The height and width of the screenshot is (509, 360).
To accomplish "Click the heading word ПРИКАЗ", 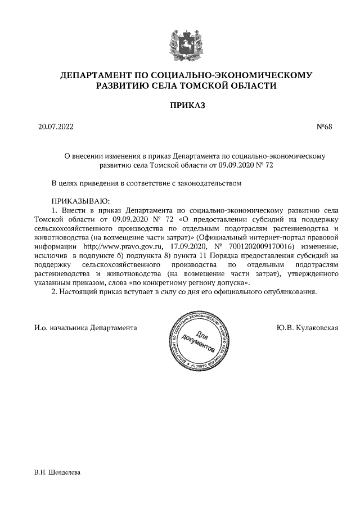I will [180, 105].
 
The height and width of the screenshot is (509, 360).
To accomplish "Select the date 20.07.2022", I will [52, 126].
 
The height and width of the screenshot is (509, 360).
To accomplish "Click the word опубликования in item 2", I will [293, 292].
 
